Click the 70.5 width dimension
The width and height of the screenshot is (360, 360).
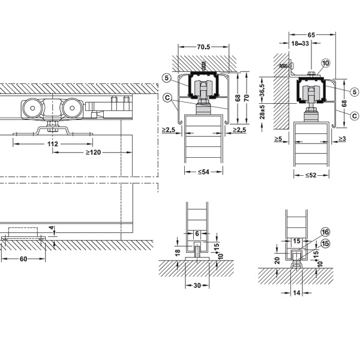click(x=203, y=47)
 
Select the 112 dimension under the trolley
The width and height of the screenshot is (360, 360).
click(x=53, y=144)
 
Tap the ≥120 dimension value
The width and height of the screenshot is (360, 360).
click(x=93, y=152)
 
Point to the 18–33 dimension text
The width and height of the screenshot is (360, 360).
click(x=300, y=43)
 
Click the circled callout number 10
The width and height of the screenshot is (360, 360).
click(x=325, y=63)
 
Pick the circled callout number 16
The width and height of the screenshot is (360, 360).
click(x=325, y=232)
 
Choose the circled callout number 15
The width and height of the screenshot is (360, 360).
click(x=325, y=244)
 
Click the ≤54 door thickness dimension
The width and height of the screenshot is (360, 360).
click(x=203, y=172)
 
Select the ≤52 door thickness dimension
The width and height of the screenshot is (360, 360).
click(x=311, y=175)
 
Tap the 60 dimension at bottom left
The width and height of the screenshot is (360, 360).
click(x=23, y=259)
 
